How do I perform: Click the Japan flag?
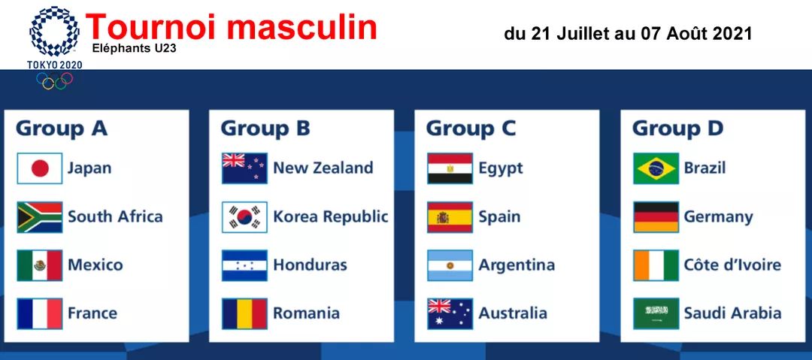pos(39,168)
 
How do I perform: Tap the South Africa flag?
pos(39,217)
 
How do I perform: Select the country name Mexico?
pos(95,265)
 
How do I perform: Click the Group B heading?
pos(265,129)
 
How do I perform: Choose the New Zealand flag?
pos(244,168)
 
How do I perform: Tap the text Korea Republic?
pos(330,217)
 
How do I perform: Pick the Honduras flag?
pos(244,265)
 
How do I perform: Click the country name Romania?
pos(306,313)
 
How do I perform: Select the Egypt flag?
pos(450,168)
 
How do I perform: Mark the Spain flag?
pos(450,217)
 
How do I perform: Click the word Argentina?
pos(517,265)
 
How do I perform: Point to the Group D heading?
pos(677,129)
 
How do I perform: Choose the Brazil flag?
pos(656,168)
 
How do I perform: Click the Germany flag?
pos(656,217)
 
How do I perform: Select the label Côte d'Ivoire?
pos(732,265)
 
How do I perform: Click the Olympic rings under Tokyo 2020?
pos(54,80)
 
